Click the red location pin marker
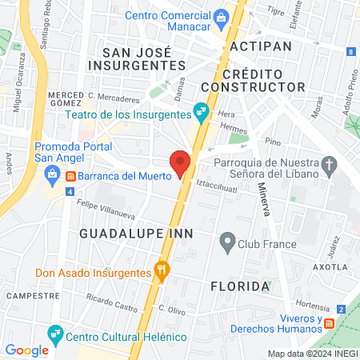181,162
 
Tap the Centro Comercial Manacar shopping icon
221,16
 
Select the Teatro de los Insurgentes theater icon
201,114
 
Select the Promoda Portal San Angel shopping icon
51,173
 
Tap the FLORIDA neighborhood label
238,286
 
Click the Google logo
26,350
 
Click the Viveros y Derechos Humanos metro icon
328,322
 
